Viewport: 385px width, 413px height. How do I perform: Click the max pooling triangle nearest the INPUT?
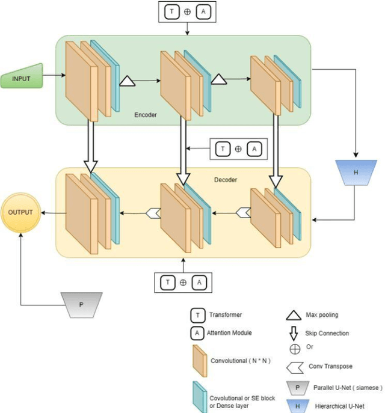coord(128,81)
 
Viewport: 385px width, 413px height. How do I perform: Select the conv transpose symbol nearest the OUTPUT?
coord(153,212)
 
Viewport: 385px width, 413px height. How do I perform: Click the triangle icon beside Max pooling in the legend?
coord(293,314)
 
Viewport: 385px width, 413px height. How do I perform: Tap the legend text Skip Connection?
coord(328,333)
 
